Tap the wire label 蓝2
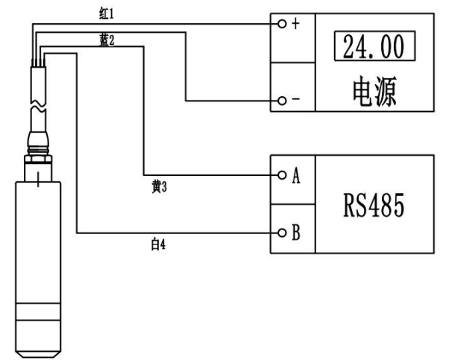[107, 40]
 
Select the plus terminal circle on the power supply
[281, 24]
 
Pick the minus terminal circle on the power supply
[281, 100]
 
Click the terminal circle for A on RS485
[281, 177]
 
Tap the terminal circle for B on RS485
[281, 233]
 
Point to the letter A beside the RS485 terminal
[296, 177]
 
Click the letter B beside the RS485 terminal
[296, 233]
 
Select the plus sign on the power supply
[295, 24]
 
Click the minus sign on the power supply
[295, 101]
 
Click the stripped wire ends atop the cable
[37, 64]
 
